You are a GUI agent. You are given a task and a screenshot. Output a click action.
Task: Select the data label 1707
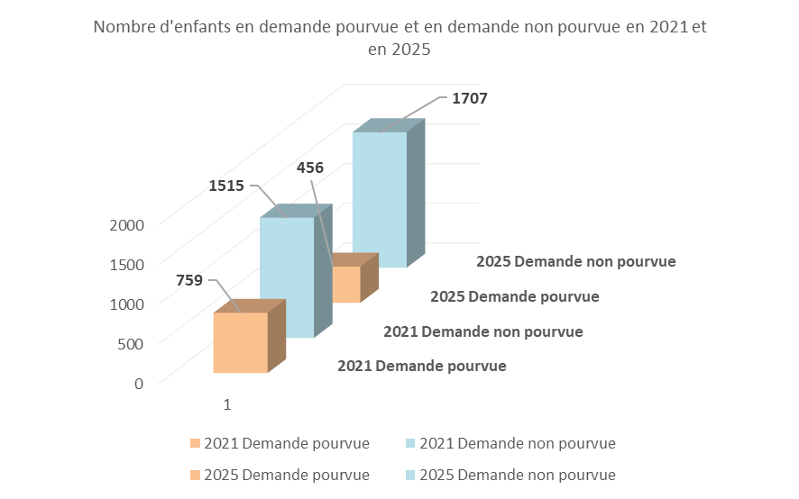(469, 98)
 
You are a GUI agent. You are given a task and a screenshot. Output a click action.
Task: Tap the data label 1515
(226, 186)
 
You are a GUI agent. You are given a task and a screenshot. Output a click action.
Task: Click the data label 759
(188, 280)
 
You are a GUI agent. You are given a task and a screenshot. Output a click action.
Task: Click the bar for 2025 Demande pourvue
(347, 284)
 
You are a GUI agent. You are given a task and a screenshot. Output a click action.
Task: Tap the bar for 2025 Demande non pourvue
(379, 198)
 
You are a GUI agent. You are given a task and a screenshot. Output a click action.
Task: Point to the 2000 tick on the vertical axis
(126, 224)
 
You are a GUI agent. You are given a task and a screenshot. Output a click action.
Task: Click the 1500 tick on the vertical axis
(126, 264)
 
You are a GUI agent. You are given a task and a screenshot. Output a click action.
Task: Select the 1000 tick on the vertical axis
(126, 304)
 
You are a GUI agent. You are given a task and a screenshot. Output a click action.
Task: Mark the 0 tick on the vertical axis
(138, 383)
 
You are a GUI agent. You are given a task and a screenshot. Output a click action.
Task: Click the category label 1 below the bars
(227, 405)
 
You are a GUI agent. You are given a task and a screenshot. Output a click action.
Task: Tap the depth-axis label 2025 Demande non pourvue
(576, 262)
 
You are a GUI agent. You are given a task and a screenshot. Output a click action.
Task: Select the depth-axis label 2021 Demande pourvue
(421, 367)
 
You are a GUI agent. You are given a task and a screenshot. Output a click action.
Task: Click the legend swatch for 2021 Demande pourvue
(195, 443)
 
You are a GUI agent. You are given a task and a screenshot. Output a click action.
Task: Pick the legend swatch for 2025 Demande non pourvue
(411, 475)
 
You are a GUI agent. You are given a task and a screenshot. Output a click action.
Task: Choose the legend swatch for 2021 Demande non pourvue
(411, 443)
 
